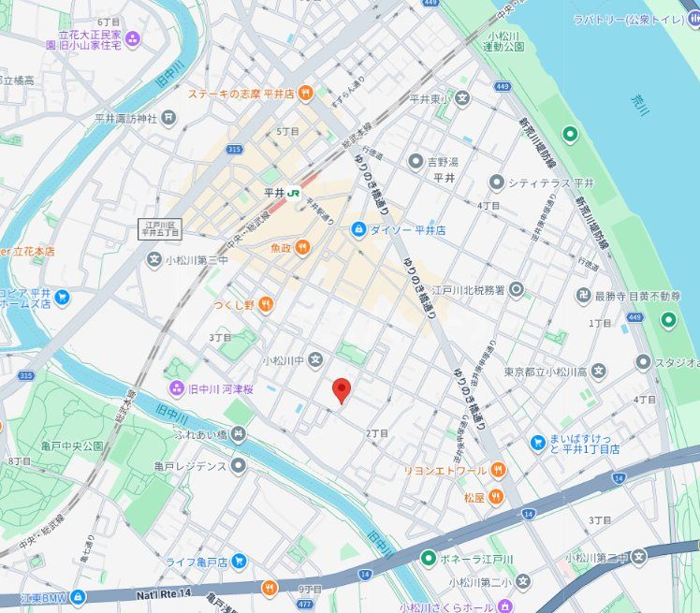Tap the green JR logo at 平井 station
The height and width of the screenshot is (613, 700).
click(x=294, y=192)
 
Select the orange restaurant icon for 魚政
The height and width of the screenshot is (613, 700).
click(x=303, y=248)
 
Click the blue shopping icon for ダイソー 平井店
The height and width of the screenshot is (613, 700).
click(x=357, y=229)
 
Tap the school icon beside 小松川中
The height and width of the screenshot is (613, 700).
click(x=316, y=359)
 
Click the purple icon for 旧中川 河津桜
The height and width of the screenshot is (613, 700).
click(x=176, y=387)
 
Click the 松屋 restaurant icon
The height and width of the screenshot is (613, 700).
click(x=495, y=496)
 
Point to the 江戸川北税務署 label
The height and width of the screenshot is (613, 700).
click(x=459, y=291)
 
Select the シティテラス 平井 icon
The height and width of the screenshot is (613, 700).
click(x=496, y=182)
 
